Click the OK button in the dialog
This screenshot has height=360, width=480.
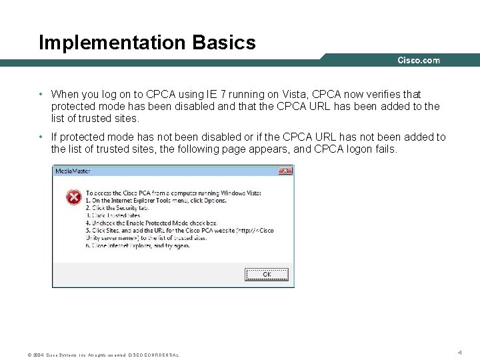pos(267,274)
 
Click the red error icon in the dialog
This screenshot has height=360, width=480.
pos(74,197)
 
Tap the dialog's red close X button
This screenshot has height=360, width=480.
pos(285,171)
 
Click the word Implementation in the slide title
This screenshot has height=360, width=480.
pos(113,43)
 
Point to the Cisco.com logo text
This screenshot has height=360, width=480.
pos(419,60)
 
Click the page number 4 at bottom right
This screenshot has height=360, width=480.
pos(459,351)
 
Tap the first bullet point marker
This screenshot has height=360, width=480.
pos(41,95)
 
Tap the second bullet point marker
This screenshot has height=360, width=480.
pos(41,137)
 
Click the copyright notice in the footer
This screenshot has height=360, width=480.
pos(103,355)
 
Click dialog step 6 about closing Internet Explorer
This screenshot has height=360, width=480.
pos(138,245)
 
